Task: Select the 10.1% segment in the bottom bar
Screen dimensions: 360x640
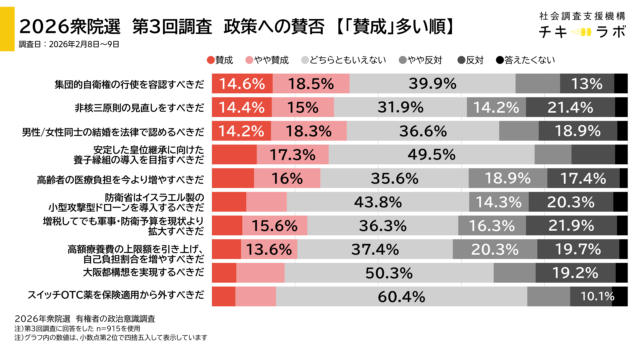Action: coord(597,296)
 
